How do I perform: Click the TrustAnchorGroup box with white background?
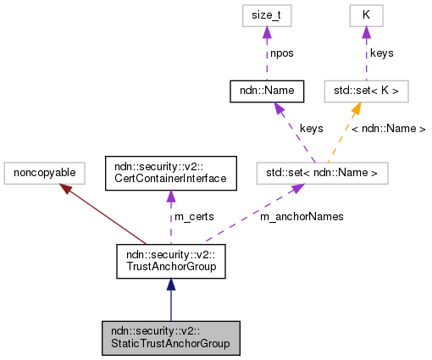pyautogui.click(x=170, y=261)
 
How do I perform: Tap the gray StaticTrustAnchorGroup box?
pyautogui.click(x=170, y=337)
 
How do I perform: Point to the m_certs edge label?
pyautogui.click(x=193, y=216)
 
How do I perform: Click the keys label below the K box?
pyautogui.click(x=383, y=53)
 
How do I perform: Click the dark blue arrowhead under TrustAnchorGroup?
pyautogui.click(x=170, y=285)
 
